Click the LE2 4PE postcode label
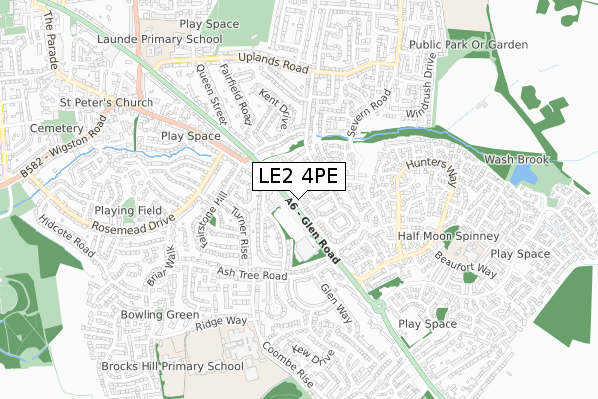[x=298, y=177]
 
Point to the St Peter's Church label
[x=106, y=103]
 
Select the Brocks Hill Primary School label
[x=171, y=367]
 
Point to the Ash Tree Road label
[x=253, y=275]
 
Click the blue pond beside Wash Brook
[x=523, y=176]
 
